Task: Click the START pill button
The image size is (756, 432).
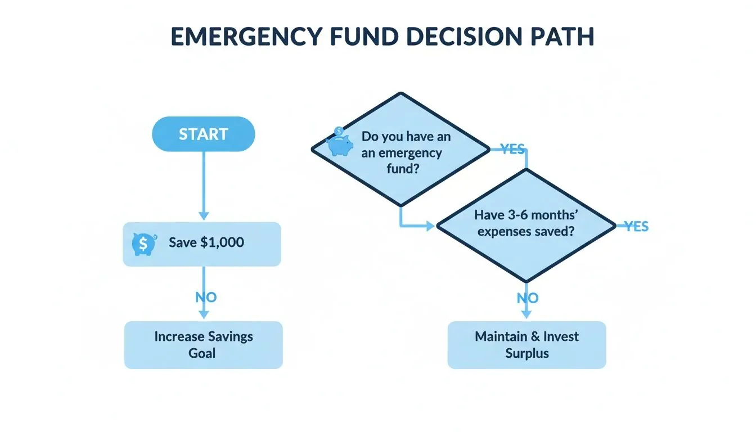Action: coord(203,134)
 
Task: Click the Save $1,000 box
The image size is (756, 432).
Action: coord(201,244)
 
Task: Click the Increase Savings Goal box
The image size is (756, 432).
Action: coord(203,345)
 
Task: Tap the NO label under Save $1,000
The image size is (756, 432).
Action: coord(206,297)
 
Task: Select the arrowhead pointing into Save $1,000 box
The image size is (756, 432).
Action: coord(204,216)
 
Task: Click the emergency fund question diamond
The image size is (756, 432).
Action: coord(400,149)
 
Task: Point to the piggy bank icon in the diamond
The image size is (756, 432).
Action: coord(340,143)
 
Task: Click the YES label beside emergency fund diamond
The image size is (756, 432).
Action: coord(512,149)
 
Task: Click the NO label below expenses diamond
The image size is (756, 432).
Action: coord(528,298)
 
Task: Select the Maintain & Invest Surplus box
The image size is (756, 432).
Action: coord(526,345)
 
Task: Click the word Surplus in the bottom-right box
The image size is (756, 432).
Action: coord(526,354)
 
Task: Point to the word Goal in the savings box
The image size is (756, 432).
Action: coord(202,354)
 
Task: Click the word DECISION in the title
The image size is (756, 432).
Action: coord(436,37)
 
